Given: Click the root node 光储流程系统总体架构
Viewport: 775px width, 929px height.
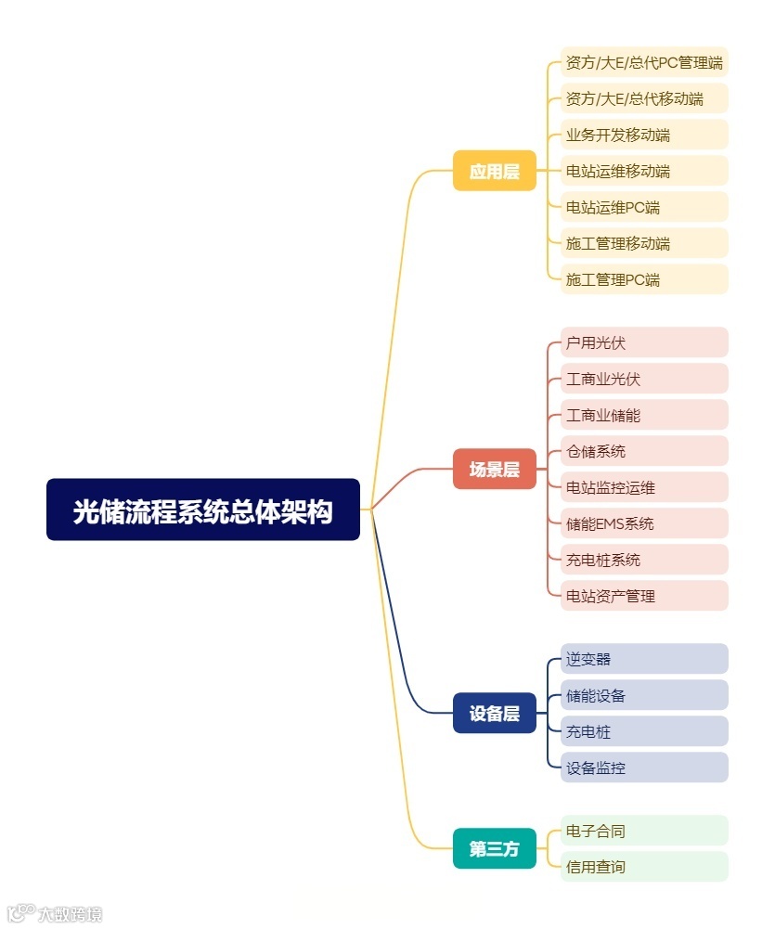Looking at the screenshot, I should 203,510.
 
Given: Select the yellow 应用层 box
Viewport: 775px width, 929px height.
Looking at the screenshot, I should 494,171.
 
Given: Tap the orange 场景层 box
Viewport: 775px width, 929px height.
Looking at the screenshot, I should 494,470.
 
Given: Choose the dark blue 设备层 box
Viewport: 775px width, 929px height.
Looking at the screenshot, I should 494,714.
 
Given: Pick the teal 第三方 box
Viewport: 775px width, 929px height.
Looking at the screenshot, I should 494,848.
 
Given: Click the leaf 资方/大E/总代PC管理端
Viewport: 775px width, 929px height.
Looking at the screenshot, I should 644,63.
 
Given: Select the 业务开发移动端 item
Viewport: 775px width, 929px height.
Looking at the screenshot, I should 644,135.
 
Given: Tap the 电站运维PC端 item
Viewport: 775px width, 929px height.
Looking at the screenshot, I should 644,208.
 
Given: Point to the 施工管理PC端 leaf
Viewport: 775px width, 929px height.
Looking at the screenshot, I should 644,279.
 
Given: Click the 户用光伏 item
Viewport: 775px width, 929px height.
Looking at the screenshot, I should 644,342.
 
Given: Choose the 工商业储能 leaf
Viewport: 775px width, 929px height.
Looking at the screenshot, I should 644,415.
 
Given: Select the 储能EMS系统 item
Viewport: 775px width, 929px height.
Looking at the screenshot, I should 644,523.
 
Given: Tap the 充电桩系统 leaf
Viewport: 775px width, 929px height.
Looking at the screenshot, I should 644,560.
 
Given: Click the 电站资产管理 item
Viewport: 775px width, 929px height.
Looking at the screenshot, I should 644,596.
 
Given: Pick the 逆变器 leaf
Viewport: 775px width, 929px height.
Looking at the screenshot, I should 644,659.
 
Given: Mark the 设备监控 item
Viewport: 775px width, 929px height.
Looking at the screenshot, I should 644,768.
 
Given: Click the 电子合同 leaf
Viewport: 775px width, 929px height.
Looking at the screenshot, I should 644,831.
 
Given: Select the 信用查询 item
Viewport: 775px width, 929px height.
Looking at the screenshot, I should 644,867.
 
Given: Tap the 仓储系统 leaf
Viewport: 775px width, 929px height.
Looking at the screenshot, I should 644,451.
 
